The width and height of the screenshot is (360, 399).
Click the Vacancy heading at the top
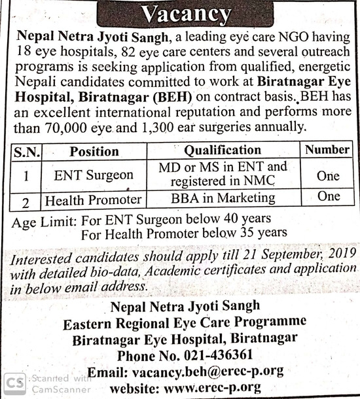point(186,12)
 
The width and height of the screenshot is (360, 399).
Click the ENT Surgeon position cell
point(94,175)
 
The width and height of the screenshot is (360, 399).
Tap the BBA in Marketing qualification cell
point(222,198)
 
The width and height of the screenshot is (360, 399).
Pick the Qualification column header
point(222,151)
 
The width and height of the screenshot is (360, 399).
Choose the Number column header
point(327,150)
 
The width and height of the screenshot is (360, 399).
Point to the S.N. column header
point(27,152)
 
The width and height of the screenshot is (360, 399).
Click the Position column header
point(94,152)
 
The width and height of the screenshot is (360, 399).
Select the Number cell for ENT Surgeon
point(327,176)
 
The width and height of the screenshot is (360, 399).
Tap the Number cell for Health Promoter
point(327,197)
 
